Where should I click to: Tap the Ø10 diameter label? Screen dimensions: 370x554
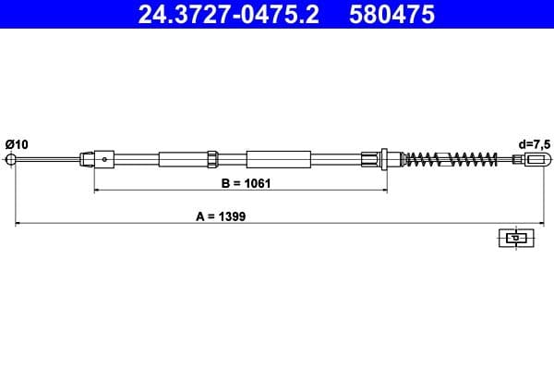point(17,143)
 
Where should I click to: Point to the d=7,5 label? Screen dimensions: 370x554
point(533,143)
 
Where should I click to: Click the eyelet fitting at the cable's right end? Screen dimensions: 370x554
point(532,159)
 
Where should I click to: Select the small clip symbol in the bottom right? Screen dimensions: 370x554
point(516,238)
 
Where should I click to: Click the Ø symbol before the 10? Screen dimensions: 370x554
point(9,143)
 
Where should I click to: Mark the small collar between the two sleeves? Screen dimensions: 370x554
point(213,159)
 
